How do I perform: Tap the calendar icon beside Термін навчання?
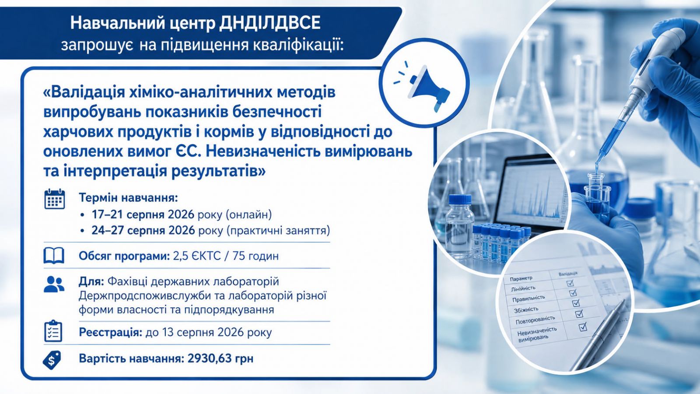tap(55, 199)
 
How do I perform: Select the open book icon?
tap(54, 256)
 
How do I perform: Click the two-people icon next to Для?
tap(54, 284)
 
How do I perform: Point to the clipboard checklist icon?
tap(53, 331)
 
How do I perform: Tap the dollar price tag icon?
tap(52, 359)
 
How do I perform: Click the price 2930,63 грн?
tap(220, 359)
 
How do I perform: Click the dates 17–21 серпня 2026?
tap(143, 215)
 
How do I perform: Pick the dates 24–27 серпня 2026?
tap(143, 230)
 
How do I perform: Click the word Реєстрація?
tap(110, 332)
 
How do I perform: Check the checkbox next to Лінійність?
tap(570, 283)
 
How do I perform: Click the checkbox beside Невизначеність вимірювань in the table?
tap(583, 327)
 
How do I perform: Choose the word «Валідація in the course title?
tap(84, 92)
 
